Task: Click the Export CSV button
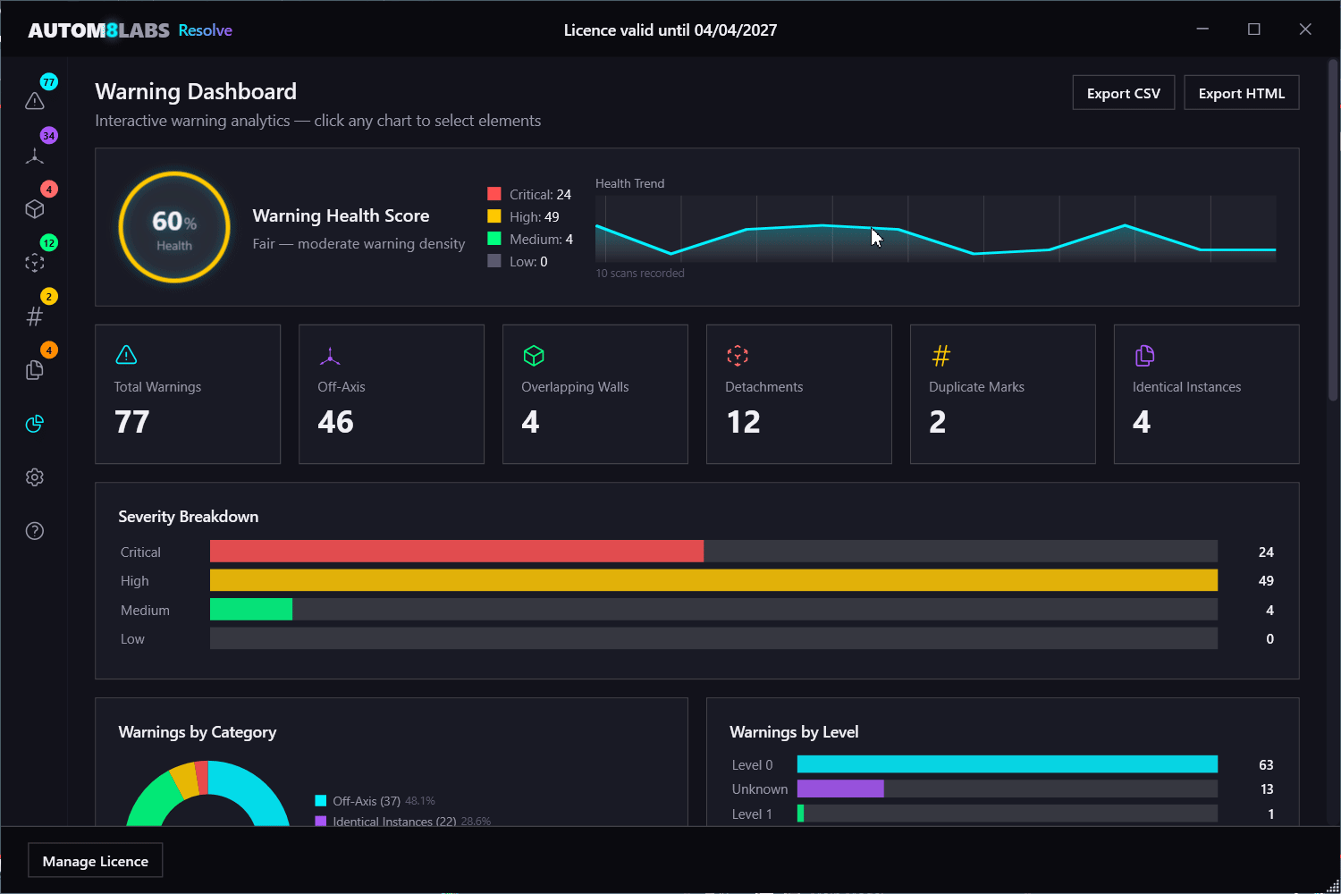click(x=1123, y=93)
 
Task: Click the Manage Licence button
click(x=96, y=861)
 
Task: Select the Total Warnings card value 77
click(x=132, y=422)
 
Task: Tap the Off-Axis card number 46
click(x=336, y=422)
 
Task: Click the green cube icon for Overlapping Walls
click(x=534, y=356)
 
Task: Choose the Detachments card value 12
click(x=743, y=422)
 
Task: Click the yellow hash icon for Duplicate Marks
click(x=940, y=356)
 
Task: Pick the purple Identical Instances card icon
click(x=1144, y=356)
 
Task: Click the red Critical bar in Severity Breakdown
click(x=456, y=552)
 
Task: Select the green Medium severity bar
click(x=251, y=610)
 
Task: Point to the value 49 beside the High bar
click(x=1266, y=581)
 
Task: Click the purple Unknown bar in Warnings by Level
click(x=840, y=789)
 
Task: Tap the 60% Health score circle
click(x=174, y=227)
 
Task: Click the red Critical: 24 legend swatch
click(x=493, y=194)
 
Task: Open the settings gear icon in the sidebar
click(x=35, y=477)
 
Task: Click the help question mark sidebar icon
click(x=35, y=531)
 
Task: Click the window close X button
click(x=1305, y=30)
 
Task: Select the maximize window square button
click(x=1254, y=30)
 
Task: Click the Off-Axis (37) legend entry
click(x=366, y=801)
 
